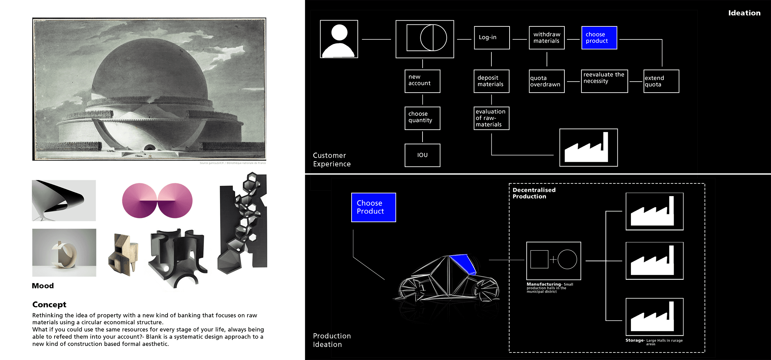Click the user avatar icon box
tap(339, 39)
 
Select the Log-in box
tap(492, 38)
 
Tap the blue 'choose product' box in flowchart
tap(599, 38)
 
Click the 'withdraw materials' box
tap(547, 38)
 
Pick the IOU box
tap(422, 155)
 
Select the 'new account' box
tap(422, 81)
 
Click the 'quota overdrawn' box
tap(547, 81)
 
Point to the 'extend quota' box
tap(661, 81)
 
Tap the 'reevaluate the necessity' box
tap(604, 81)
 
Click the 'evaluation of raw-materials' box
tap(491, 118)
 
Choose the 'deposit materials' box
tap(491, 81)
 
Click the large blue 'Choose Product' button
tap(374, 207)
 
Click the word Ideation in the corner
tap(744, 13)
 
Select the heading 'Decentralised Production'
tap(534, 193)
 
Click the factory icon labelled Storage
tap(654, 317)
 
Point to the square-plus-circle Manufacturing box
tap(553, 261)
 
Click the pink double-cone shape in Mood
tap(157, 201)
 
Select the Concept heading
tap(49, 304)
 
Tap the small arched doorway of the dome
tap(149, 148)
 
